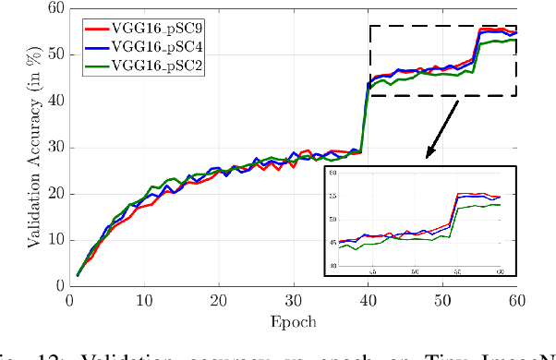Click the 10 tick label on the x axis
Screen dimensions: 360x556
pyautogui.click(x=144, y=300)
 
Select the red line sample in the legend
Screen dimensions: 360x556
pyautogui.click(x=96, y=27)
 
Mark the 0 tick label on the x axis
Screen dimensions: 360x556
pyautogui.click(x=70, y=300)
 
